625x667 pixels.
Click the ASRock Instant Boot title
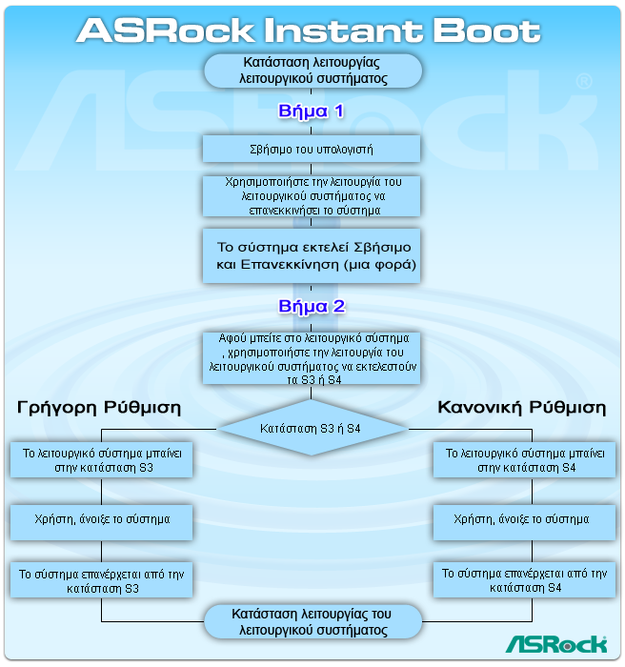(x=309, y=30)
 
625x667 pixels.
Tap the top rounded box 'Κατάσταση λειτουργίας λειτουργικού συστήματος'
(x=312, y=71)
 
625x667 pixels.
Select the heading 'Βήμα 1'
(x=312, y=111)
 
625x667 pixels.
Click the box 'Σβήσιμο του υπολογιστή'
(x=312, y=149)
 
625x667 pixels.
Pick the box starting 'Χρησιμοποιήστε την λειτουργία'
(x=312, y=195)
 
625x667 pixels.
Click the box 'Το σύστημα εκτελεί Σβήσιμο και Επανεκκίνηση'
(x=312, y=254)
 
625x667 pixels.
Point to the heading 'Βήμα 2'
(x=312, y=307)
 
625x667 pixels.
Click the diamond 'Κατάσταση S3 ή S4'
(x=312, y=429)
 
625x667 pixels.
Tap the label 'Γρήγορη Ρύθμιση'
(x=100, y=407)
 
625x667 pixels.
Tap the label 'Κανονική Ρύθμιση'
(x=521, y=407)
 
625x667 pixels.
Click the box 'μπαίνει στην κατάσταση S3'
(x=101, y=461)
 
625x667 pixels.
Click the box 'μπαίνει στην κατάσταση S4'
(x=524, y=461)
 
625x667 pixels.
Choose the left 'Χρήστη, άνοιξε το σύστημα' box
(x=101, y=520)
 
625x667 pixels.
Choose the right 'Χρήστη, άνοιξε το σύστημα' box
(x=524, y=520)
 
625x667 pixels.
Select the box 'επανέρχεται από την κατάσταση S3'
(x=101, y=580)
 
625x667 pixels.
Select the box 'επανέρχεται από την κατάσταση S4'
(x=524, y=580)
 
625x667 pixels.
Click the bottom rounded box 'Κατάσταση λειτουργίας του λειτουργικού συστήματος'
(x=312, y=622)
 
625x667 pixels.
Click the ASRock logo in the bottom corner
(x=555, y=644)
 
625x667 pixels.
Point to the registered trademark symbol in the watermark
(x=582, y=82)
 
